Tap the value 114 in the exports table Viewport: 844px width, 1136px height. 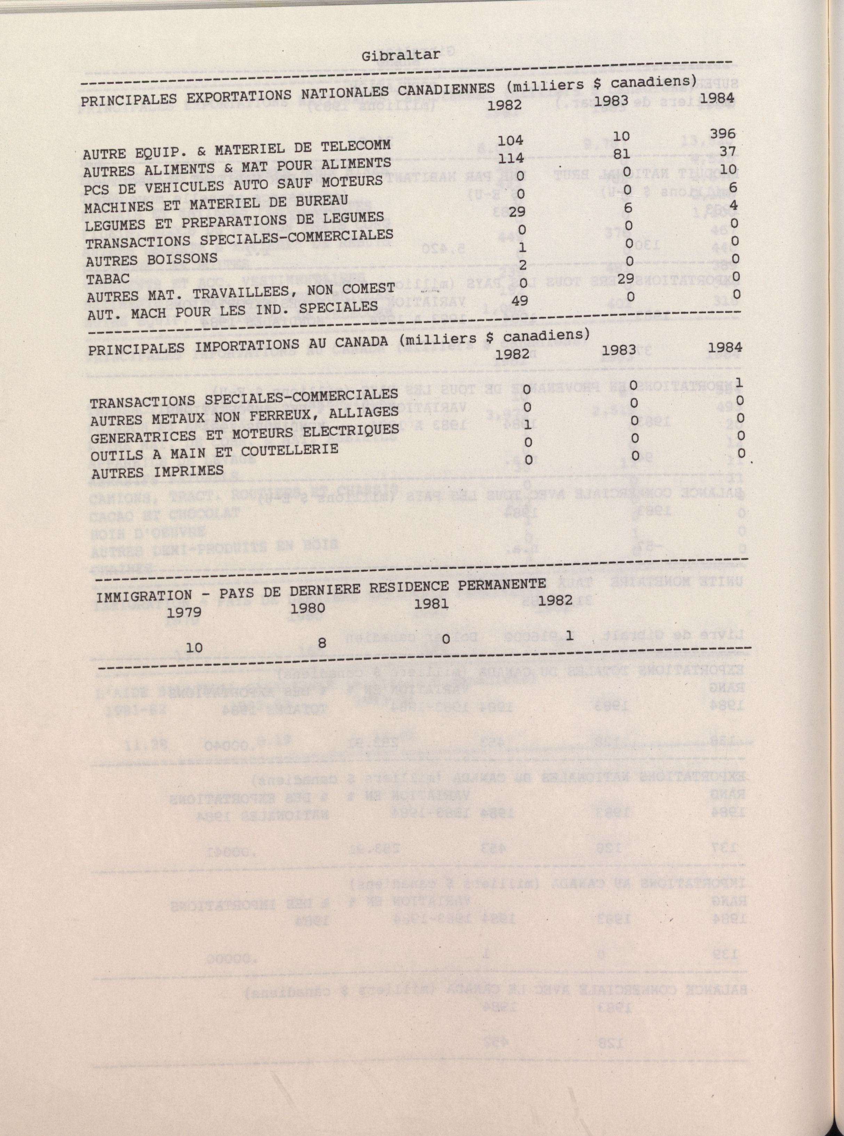pyautogui.click(x=512, y=158)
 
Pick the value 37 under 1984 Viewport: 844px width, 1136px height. pyautogui.click(x=728, y=152)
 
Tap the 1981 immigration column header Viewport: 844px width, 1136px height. pyautogui.click(x=432, y=604)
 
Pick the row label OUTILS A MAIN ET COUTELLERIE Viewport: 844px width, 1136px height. pyautogui.click(x=214, y=452)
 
